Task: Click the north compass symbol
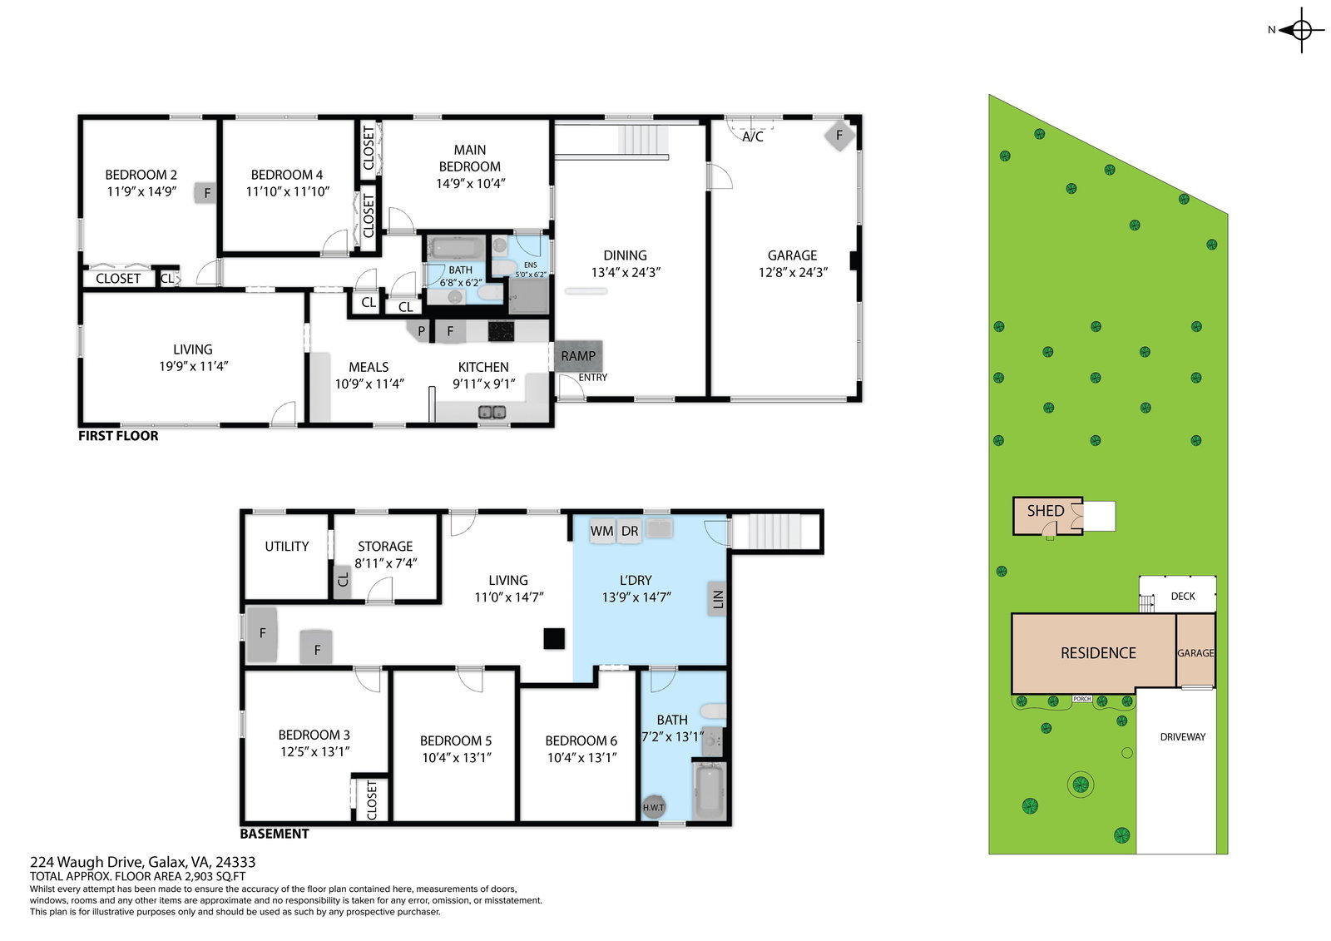[1300, 30]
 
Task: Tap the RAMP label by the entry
[578, 356]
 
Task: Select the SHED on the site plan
[1047, 515]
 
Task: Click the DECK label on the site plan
[1182, 597]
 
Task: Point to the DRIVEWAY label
[1182, 737]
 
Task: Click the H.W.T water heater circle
[653, 807]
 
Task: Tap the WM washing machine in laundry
[602, 531]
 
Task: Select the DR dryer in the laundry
[629, 531]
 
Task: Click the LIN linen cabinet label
[718, 598]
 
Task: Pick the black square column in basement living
[554, 639]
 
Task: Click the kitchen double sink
[492, 412]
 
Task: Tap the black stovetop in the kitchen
[501, 331]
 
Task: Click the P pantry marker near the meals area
[421, 331]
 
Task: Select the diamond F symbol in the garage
[839, 136]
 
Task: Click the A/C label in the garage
[752, 136]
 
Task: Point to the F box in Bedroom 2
[206, 192]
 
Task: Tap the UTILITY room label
[286, 547]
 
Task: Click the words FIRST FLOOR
[118, 436]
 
